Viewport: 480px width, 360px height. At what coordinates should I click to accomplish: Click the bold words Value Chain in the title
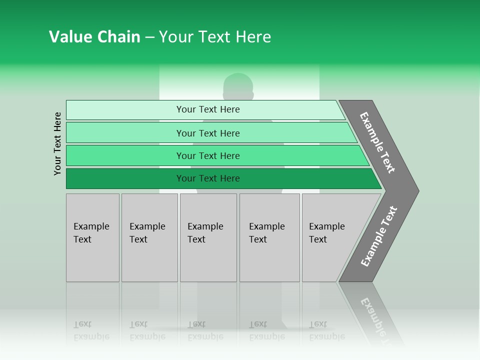pyautogui.click(x=94, y=37)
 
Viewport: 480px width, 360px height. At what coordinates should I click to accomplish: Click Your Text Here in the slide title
pyautogui.click(x=215, y=37)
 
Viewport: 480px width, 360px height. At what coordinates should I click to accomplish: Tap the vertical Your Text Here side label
pyautogui.click(x=57, y=143)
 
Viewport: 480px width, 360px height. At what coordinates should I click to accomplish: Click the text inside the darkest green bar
pyautogui.click(x=208, y=178)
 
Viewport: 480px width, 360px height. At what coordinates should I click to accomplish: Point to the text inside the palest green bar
pyautogui.click(x=208, y=109)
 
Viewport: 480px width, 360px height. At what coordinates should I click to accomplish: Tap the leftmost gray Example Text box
pyautogui.click(x=92, y=237)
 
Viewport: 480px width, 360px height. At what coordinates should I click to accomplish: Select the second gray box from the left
pyautogui.click(x=149, y=237)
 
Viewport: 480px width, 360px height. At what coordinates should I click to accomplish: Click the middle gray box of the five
pyautogui.click(x=208, y=237)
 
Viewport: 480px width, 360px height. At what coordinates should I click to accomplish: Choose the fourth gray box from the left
pyautogui.click(x=269, y=237)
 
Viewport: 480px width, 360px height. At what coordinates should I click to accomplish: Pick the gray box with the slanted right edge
pyautogui.click(x=330, y=237)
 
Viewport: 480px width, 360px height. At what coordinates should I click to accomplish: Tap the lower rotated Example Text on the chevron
pyautogui.click(x=379, y=236)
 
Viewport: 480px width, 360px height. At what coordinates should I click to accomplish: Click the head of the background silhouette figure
pyautogui.click(x=238, y=86)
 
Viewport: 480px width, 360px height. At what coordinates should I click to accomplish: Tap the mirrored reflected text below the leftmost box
pyautogui.click(x=91, y=330)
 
